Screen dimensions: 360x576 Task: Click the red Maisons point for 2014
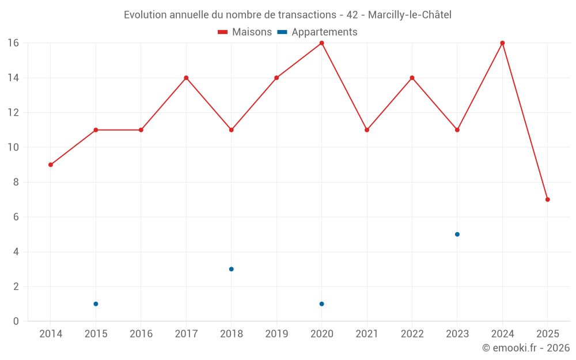click(51, 165)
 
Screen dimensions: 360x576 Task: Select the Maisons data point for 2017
click(186, 78)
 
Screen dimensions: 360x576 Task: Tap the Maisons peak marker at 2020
click(321, 43)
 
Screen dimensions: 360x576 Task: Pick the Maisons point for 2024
click(502, 43)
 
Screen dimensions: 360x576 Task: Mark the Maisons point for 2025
click(547, 199)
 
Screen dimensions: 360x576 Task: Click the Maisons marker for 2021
click(367, 130)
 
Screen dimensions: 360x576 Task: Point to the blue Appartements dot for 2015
click(96, 304)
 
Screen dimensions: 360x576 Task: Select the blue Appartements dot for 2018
click(231, 269)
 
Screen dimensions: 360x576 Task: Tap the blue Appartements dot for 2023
click(457, 234)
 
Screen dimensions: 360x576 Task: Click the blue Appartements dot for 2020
click(321, 304)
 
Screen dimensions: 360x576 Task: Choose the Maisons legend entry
click(245, 32)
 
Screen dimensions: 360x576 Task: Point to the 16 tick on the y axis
click(13, 43)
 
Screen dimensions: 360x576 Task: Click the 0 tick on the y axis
click(16, 321)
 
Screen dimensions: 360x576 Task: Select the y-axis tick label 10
click(13, 147)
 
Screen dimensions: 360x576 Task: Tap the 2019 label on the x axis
click(276, 334)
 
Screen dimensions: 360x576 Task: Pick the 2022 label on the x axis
click(412, 334)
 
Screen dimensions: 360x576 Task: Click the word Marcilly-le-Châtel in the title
click(410, 14)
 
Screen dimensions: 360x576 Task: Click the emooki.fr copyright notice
click(525, 348)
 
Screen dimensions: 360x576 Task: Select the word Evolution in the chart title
click(145, 14)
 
